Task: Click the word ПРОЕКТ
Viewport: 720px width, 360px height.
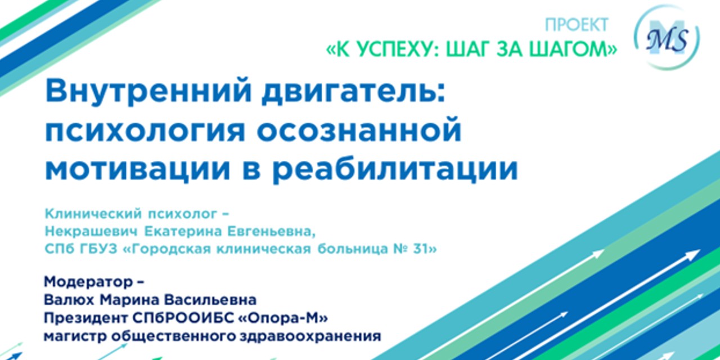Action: (577, 25)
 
